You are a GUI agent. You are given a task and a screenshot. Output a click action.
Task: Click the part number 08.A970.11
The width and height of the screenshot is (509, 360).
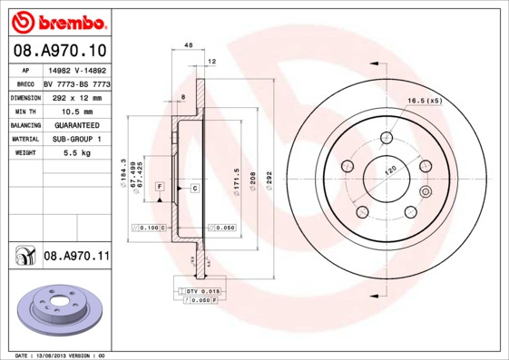click(x=76, y=258)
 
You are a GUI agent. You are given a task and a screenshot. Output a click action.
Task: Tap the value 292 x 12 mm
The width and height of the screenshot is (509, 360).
click(x=77, y=96)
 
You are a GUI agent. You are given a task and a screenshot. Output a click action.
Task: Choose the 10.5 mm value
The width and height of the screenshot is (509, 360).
click(x=77, y=111)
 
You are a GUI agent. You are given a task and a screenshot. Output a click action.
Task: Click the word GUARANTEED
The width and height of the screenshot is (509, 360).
click(x=77, y=124)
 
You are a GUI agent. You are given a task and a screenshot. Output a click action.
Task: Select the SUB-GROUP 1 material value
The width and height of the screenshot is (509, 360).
click(x=77, y=139)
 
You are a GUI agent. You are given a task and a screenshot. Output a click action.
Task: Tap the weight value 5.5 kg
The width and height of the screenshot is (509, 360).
click(x=77, y=153)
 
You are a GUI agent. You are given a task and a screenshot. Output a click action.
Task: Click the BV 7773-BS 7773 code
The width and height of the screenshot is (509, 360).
click(x=77, y=83)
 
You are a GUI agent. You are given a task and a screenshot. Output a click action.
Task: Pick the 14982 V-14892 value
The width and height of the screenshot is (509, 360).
click(x=77, y=69)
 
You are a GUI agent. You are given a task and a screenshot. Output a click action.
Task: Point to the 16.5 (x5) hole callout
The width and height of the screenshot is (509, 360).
click(x=423, y=100)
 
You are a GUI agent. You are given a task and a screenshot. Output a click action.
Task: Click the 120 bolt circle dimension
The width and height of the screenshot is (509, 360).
click(x=391, y=170)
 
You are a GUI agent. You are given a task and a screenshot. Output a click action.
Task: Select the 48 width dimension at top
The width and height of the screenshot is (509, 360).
click(x=189, y=44)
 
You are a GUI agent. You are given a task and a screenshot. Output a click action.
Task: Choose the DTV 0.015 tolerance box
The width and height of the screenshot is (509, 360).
click(x=204, y=290)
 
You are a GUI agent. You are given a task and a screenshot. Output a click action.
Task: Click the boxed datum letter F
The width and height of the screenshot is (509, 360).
click(x=159, y=187)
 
